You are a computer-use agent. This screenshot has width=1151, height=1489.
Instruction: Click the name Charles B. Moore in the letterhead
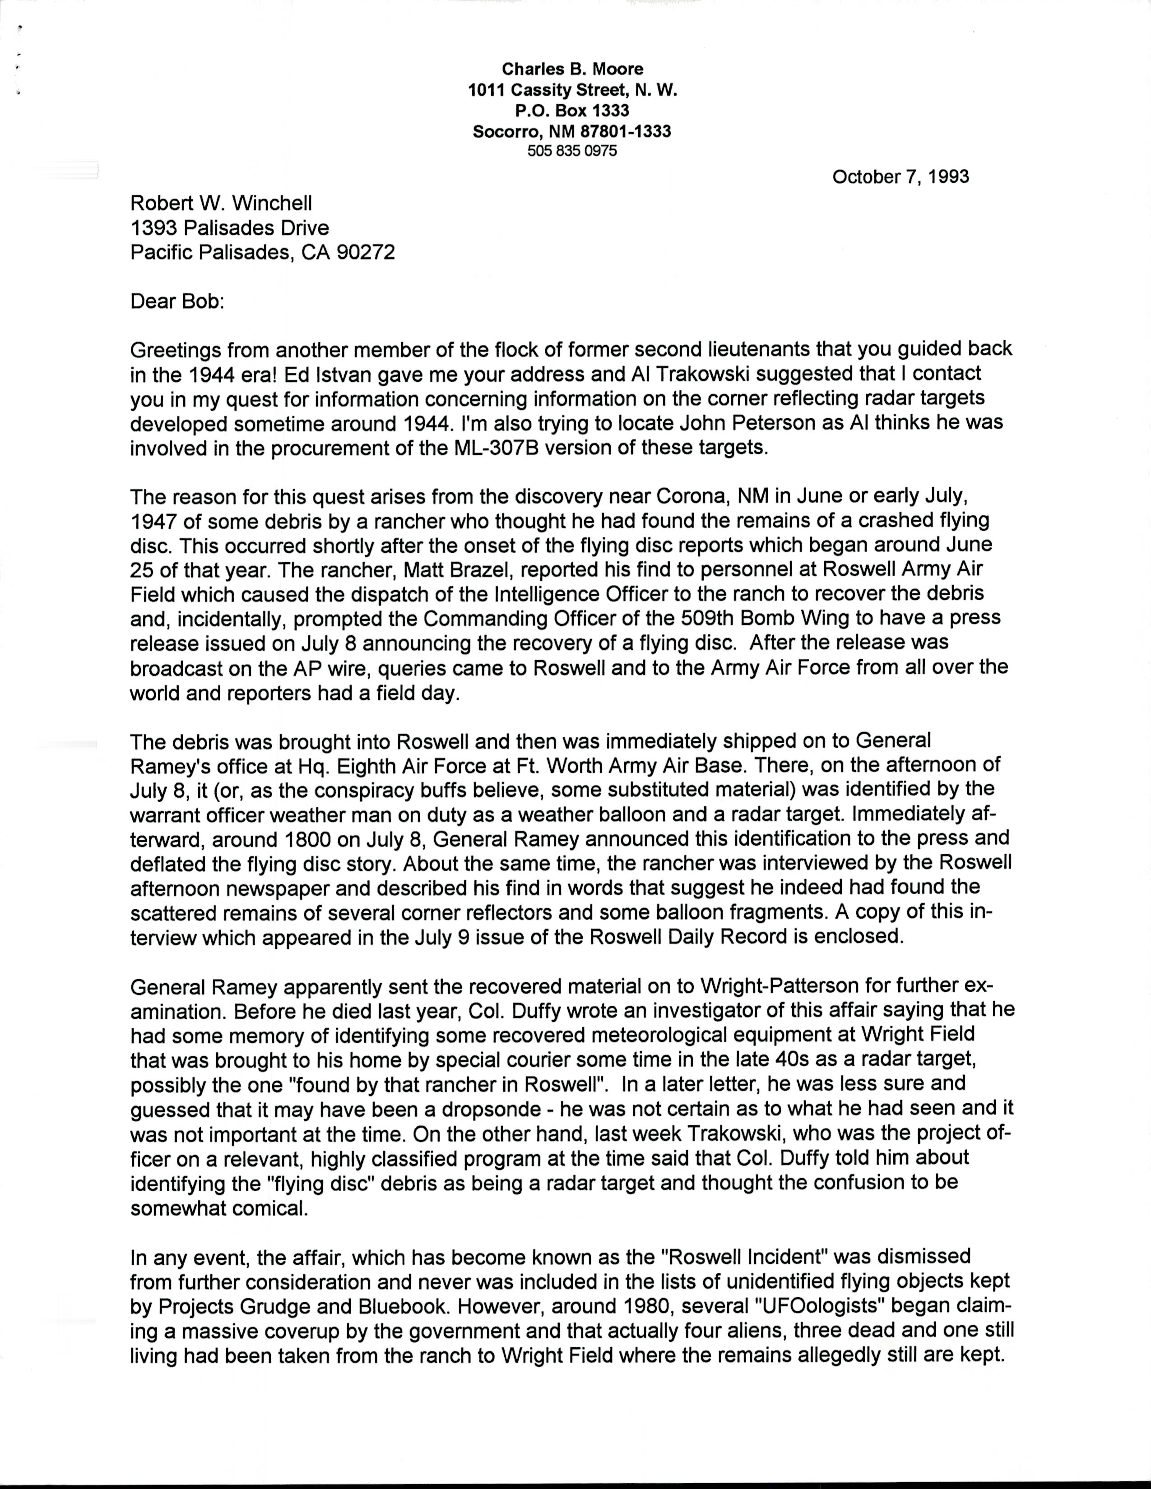573,69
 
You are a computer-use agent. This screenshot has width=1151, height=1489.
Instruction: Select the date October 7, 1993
900,177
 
